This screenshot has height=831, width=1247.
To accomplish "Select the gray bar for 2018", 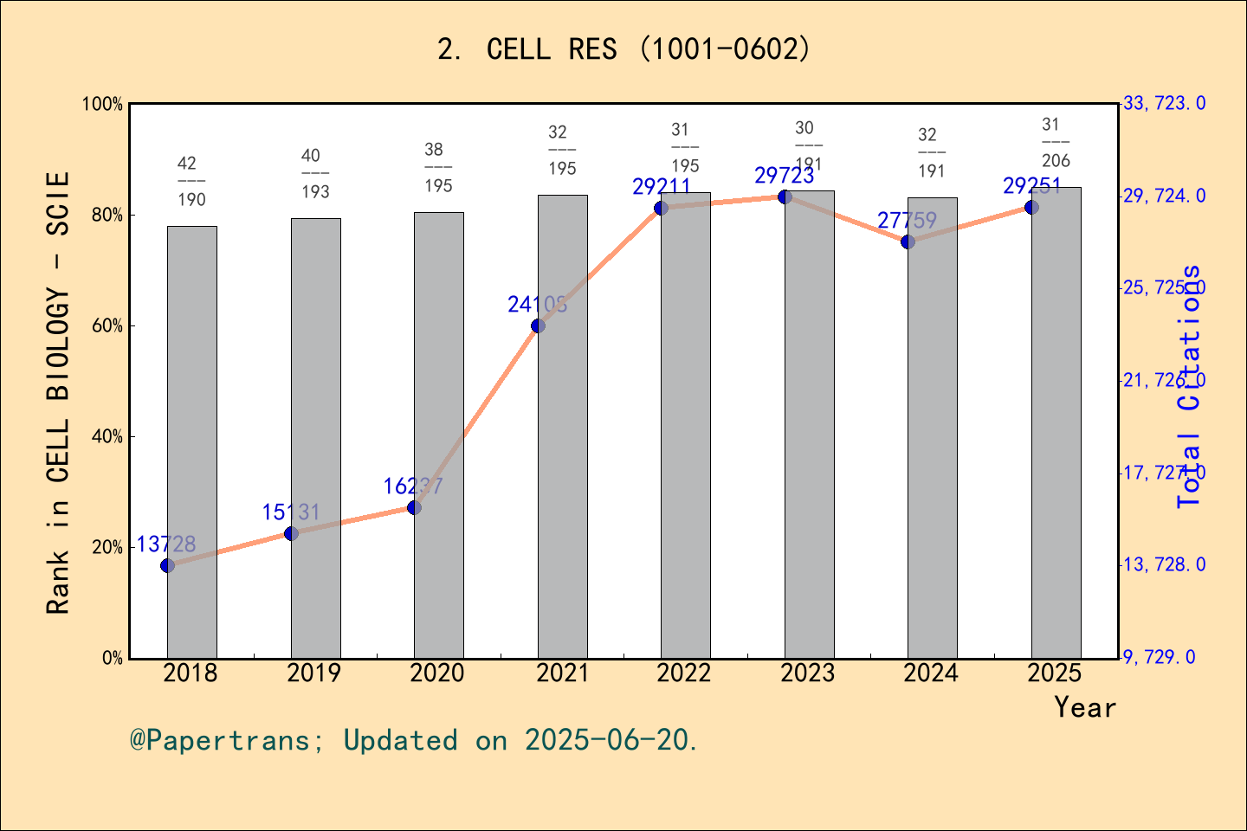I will tap(192, 441).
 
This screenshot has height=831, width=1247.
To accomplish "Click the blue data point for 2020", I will tap(414, 507).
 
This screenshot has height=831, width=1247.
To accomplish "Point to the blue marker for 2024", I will tap(908, 242).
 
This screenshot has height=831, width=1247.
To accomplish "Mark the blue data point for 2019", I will tap(291, 533).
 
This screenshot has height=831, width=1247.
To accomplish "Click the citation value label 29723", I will tap(785, 176).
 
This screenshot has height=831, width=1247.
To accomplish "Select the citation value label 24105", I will tap(538, 304).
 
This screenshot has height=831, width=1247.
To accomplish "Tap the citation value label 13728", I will tap(166, 544).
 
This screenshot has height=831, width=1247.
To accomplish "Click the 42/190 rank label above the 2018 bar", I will tap(191, 181).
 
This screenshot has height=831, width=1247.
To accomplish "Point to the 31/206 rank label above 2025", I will tap(1055, 143).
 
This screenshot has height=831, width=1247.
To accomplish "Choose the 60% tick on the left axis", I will tap(107, 326).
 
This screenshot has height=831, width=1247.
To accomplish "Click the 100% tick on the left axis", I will tap(103, 104).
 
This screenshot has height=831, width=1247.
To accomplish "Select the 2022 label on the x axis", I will tap(684, 673).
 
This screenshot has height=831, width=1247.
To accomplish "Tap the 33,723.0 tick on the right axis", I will tap(1164, 104).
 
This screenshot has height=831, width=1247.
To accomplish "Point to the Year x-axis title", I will tap(1085, 707).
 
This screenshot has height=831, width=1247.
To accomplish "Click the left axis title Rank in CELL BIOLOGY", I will tap(58, 393).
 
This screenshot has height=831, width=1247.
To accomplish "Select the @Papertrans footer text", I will tap(414, 740).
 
